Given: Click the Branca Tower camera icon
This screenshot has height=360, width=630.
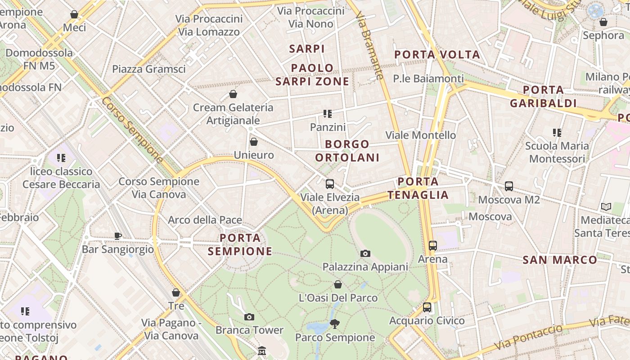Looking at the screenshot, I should click(x=249, y=317).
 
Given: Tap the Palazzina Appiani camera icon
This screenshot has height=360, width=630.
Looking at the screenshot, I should click(x=365, y=254).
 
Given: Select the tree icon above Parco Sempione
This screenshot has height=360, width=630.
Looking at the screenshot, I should click(x=334, y=324).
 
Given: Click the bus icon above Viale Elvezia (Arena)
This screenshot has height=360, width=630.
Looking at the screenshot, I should click(x=330, y=184).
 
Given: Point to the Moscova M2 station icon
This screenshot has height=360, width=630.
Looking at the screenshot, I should click(x=509, y=186).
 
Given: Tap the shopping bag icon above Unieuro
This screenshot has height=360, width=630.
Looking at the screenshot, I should click(x=254, y=142).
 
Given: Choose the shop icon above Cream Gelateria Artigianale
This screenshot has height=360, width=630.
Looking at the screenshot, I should click(x=233, y=94).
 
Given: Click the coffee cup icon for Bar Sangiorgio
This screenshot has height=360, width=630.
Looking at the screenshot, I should click(x=118, y=236).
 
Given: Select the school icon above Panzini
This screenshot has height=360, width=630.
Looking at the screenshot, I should click(x=328, y=114).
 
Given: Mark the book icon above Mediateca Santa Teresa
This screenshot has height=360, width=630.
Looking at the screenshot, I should click(x=606, y=207).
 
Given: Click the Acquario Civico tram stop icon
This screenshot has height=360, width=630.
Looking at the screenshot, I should click(x=427, y=307).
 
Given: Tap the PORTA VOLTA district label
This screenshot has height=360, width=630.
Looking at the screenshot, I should click(x=437, y=55).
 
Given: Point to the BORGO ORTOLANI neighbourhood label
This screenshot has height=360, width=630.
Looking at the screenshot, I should click(x=347, y=151).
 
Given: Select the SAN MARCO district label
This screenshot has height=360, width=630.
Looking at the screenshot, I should click(x=560, y=260).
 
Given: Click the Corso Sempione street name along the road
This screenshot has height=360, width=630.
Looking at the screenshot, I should click(x=132, y=130).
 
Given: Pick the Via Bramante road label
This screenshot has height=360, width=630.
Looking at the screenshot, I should click(x=372, y=45).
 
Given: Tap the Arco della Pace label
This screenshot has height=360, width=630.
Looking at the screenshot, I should click(x=205, y=220).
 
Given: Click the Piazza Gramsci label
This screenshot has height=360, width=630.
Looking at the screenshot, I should click(x=148, y=69).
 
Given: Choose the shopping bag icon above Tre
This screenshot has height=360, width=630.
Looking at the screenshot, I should click(x=176, y=293).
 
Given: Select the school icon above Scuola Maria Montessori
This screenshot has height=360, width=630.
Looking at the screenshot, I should click(x=557, y=133).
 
